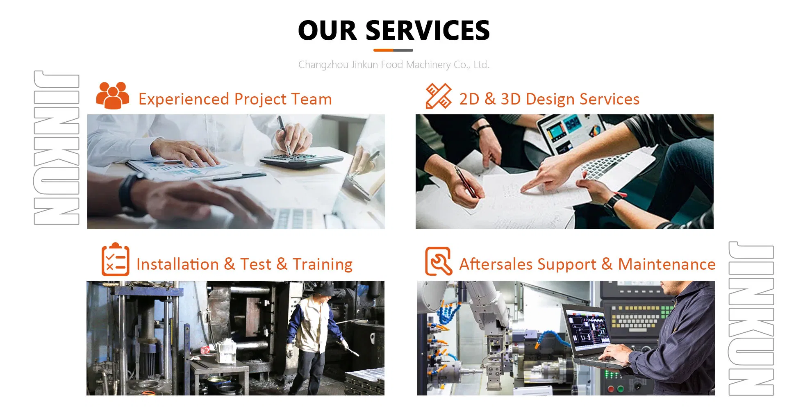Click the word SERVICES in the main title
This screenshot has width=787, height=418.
click(x=428, y=31)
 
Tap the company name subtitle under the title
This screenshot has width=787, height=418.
click(x=393, y=65)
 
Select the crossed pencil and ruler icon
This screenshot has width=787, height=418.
click(x=438, y=96)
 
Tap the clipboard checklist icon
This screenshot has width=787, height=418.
click(x=115, y=260)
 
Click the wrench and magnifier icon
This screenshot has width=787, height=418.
click(x=438, y=261)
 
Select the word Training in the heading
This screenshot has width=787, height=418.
click(x=323, y=264)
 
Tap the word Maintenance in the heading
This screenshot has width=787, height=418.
click(x=666, y=264)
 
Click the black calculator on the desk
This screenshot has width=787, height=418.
click(x=301, y=160)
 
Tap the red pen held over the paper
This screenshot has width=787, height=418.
click(x=466, y=182)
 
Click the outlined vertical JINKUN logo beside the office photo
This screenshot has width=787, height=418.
click(x=56, y=148)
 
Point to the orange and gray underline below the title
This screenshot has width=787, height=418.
click(x=393, y=50)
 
